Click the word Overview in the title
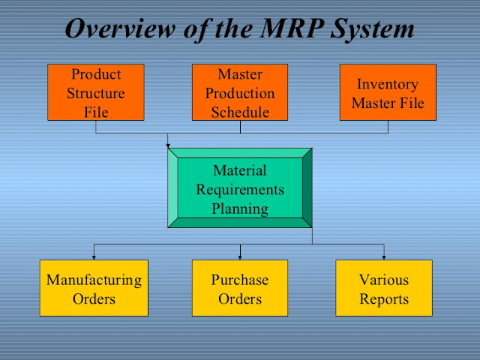[x=120, y=28]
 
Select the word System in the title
[x=372, y=30]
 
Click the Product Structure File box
[x=96, y=92]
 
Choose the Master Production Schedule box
[x=240, y=92]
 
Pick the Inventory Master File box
[x=388, y=92]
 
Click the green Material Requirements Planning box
[x=240, y=188]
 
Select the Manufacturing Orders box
[x=94, y=288]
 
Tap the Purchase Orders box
[x=240, y=288]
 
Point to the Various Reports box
[x=384, y=288]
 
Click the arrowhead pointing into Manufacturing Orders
[x=94, y=257]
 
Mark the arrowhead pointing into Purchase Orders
[x=240, y=257]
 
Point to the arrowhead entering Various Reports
[x=384, y=257]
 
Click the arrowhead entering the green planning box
[x=168, y=145]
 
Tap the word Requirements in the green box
[x=240, y=190]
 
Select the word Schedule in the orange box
[x=240, y=112]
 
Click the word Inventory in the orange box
[x=388, y=85]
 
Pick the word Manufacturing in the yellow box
[x=94, y=280]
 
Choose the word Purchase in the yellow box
[x=240, y=280]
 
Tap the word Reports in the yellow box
[x=384, y=300]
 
